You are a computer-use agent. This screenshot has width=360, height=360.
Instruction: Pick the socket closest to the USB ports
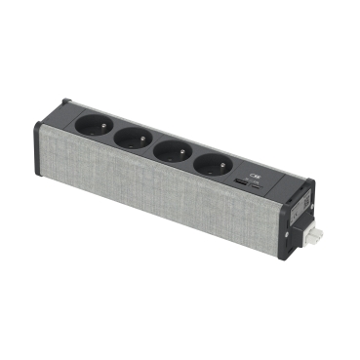point(213,165)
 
